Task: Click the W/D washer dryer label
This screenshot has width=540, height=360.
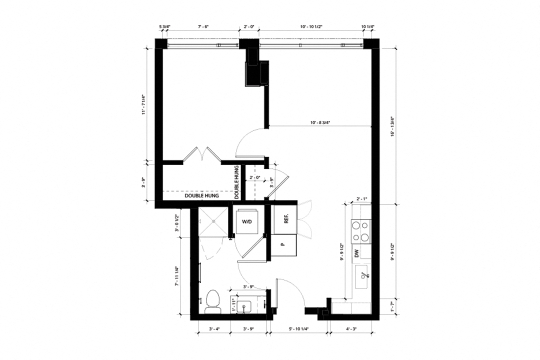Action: point(247,221)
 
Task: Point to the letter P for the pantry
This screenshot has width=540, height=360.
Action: point(282,245)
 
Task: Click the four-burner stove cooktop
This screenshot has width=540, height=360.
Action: point(361,230)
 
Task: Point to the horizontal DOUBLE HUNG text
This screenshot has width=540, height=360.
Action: point(199,196)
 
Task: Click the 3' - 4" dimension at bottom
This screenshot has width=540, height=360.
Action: point(214,328)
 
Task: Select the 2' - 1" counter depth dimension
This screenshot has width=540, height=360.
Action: point(362,198)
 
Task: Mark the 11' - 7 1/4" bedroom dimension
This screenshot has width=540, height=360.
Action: point(143,105)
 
